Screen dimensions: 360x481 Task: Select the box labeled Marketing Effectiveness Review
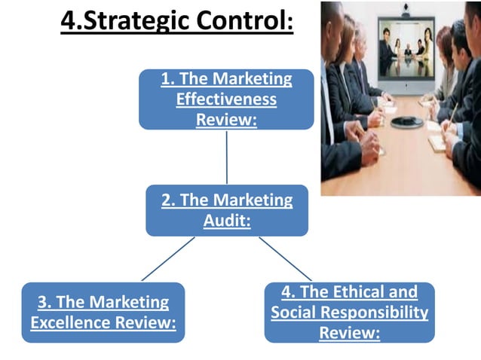point(226,99)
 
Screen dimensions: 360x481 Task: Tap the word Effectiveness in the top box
point(226,99)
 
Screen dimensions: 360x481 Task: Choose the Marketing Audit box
point(226,211)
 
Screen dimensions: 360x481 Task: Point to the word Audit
point(226,221)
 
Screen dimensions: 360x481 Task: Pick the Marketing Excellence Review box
point(103,313)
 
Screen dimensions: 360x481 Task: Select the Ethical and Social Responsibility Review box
point(349,312)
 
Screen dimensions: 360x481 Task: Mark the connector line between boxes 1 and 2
point(226,157)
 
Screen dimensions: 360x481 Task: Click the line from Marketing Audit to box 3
point(167,259)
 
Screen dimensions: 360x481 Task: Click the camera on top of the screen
point(408,13)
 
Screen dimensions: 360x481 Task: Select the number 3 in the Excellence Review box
point(43,303)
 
